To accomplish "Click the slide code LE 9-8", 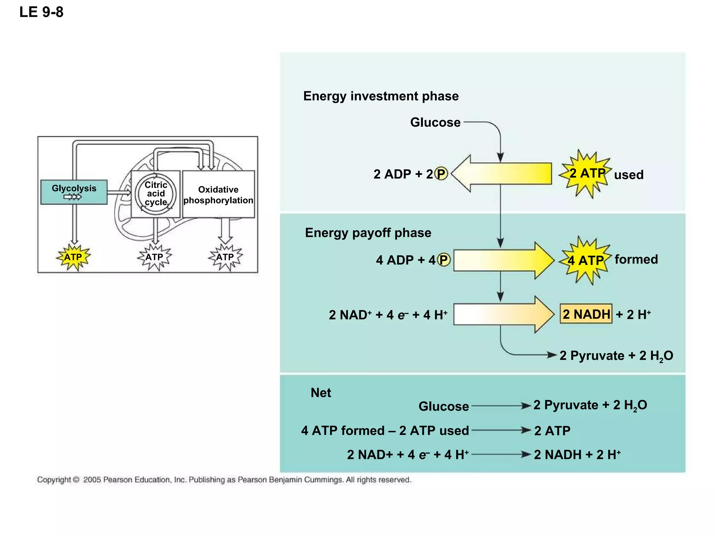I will [41, 12].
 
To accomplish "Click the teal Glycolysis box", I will [74, 192].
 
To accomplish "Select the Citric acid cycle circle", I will [156, 194].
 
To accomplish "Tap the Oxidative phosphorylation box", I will [219, 194].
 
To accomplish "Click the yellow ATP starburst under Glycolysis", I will [73, 257].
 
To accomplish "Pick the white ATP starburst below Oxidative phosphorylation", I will [225, 257].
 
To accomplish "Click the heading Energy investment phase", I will [381, 96].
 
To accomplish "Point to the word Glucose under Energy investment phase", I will [435, 122].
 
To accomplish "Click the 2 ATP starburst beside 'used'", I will [587, 173].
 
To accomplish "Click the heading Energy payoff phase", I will [368, 233].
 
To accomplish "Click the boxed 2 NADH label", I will [586, 314].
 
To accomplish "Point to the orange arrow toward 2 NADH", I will [503, 314].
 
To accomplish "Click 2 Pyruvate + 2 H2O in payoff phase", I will [616, 356].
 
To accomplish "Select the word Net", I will [320, 393].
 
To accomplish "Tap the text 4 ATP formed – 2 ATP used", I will [385, 431].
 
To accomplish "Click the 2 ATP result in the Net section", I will [552, 431].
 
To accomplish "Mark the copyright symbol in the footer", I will [76, 480].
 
